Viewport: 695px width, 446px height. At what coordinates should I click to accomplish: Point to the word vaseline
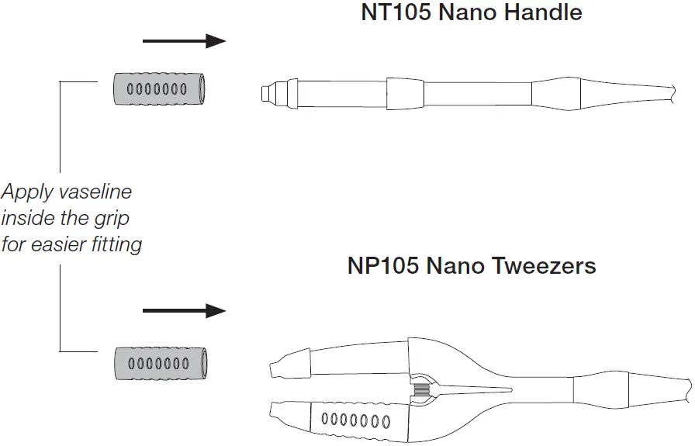click(x=90, y=192)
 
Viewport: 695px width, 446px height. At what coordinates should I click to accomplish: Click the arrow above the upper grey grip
click(x=184, y=40)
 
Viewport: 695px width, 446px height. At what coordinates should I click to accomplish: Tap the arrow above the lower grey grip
click(x=184, y=311)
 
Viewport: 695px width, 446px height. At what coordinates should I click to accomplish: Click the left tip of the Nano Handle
click(x=265, y=94)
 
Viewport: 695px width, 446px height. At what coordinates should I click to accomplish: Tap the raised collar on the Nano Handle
click(x=406, y=94)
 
